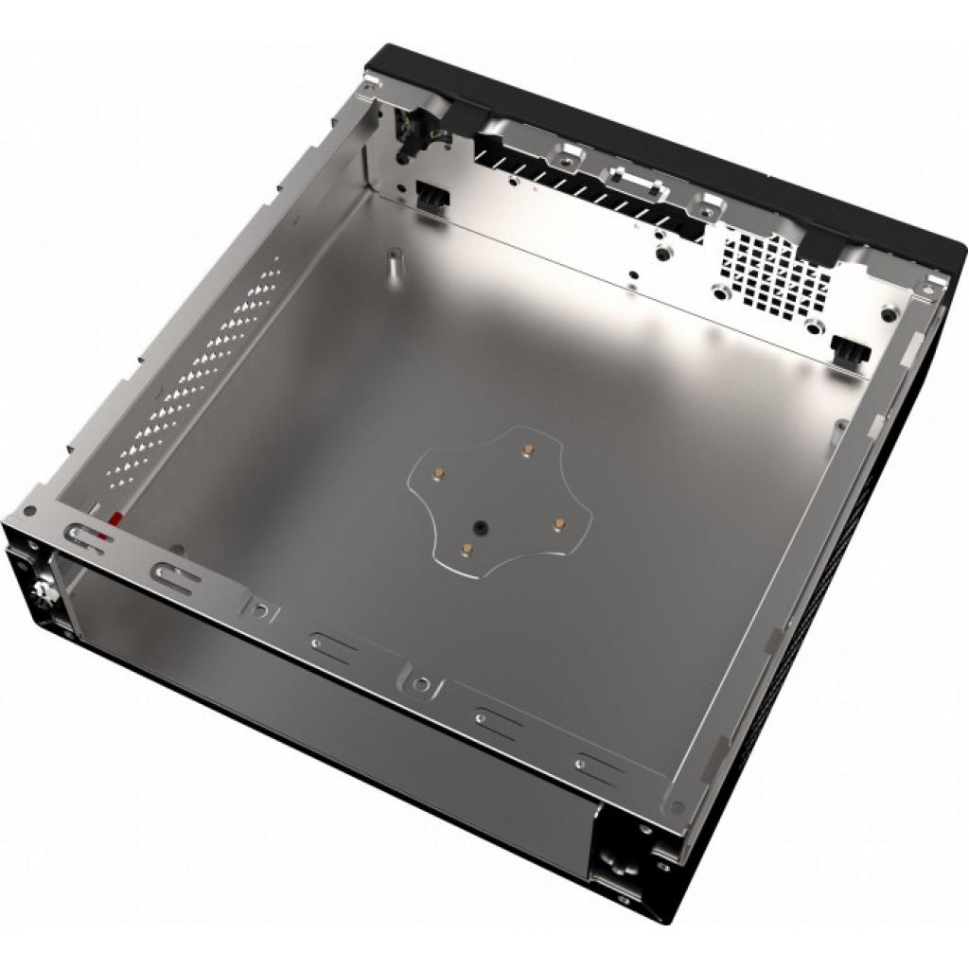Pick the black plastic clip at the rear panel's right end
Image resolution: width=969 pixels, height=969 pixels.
849,349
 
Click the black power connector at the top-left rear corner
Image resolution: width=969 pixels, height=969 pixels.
412,132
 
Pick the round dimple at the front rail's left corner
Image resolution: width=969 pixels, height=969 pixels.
31,511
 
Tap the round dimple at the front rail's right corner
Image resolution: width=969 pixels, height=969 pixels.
677,807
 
